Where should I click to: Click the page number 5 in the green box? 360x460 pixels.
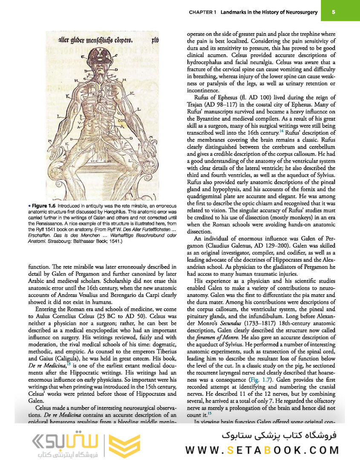point(333,12)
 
